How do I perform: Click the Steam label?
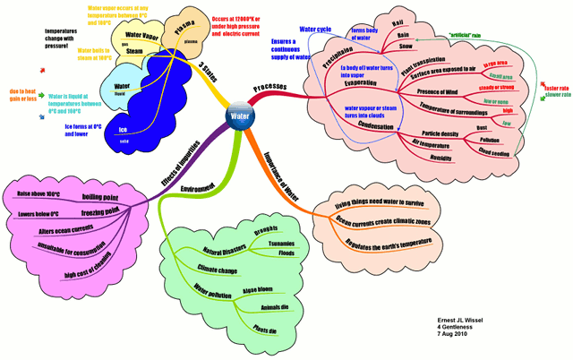[x=135, y=51]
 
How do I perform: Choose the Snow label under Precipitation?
[x=405, y=45]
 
